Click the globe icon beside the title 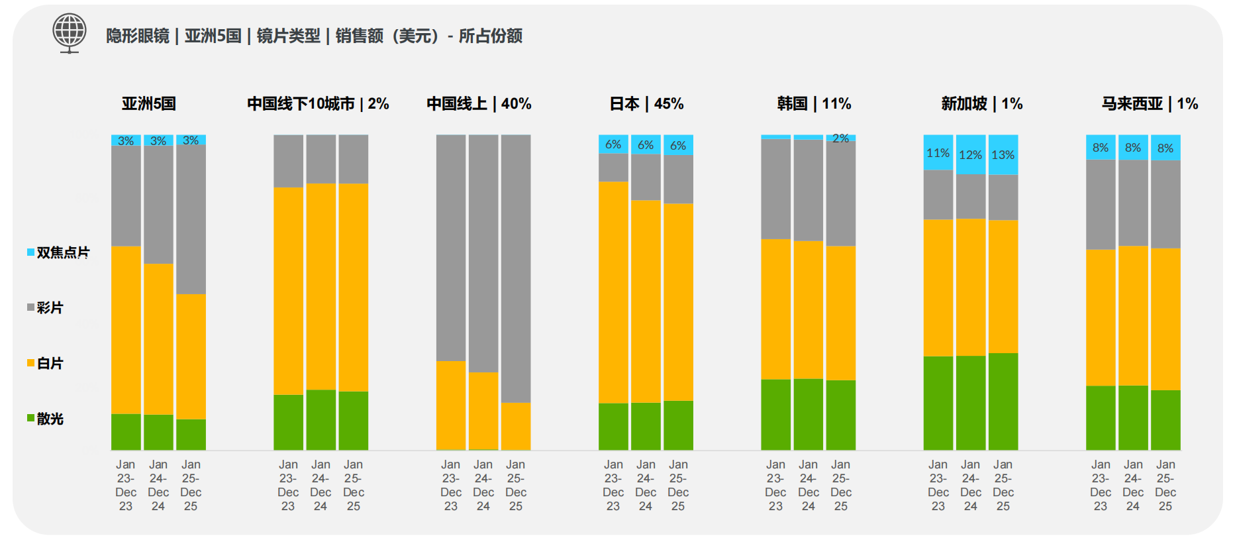(70, 32)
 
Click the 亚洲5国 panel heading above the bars (149, 104)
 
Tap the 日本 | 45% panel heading (646, 104)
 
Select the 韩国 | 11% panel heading (814, 104)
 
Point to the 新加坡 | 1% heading (981, 104)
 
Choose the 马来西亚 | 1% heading (1150, 104)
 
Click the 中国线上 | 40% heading (479, 104)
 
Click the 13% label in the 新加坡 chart (1003, 155)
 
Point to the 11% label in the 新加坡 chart (938, 153)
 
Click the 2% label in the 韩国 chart (841, 138)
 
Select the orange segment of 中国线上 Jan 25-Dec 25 (516, 426)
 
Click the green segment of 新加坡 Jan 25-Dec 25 (1003, 402)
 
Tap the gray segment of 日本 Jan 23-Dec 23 (613, 168)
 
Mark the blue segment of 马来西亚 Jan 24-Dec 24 (1133, 148)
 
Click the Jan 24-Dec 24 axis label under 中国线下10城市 (321, 485)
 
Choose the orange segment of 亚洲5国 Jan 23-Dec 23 (126, 329)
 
